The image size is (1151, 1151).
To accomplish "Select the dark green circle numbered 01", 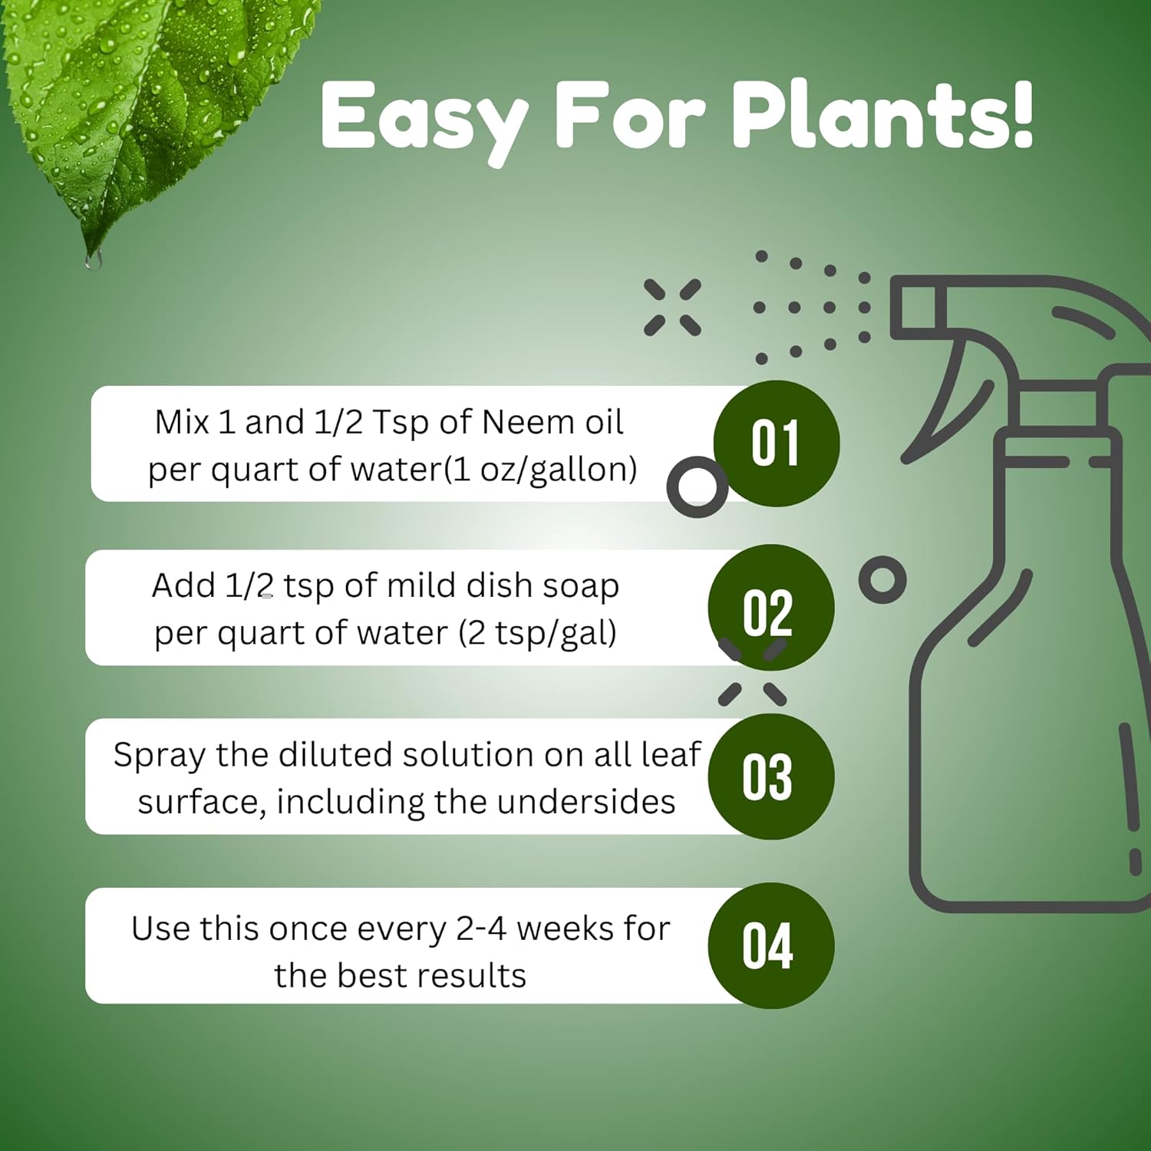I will point(777,444).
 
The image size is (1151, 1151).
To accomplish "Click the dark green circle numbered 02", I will point(770,608).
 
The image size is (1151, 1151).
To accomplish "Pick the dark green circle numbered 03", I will point(770,777).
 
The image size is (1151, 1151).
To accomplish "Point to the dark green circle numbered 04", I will point(770,945).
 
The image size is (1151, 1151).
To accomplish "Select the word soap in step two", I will point(580,586).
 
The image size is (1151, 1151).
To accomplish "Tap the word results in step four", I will point(477,976).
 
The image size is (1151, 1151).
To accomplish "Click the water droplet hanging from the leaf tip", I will point(94,260).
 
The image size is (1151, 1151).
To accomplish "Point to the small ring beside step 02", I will point(882,579).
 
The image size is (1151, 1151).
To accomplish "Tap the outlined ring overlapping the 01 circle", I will point(697,486).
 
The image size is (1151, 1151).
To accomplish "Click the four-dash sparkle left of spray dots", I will point(672,307).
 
